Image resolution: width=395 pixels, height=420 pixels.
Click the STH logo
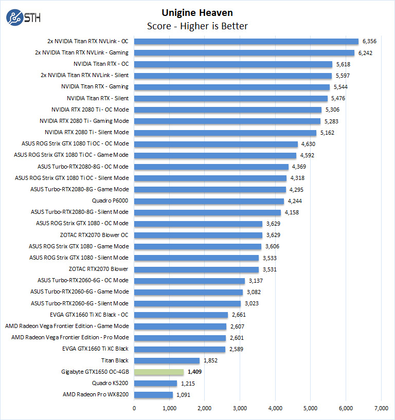coord(23,17)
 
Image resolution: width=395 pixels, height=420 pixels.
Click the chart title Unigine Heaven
coord(197,12)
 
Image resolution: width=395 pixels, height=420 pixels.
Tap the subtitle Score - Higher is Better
coord(197,26)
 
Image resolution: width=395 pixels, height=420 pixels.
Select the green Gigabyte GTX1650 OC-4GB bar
coord(159,372)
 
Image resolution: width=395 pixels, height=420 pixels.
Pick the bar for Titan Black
coord(167,360)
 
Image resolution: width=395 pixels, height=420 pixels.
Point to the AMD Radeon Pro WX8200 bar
coord(153,394)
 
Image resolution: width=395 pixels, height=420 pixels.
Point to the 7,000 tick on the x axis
coord(381,409)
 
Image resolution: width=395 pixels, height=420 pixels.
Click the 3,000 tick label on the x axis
coord(240,409)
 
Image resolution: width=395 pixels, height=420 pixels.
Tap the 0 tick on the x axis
coord(134,409)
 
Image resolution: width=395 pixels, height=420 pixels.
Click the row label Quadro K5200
coord(110,383)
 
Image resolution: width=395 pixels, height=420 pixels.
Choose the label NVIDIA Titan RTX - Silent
coord(97,98)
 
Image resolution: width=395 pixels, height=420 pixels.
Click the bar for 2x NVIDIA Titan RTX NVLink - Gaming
coord(244,52)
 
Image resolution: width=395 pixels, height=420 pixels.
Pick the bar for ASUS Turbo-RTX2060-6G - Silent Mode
coord(187,303)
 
